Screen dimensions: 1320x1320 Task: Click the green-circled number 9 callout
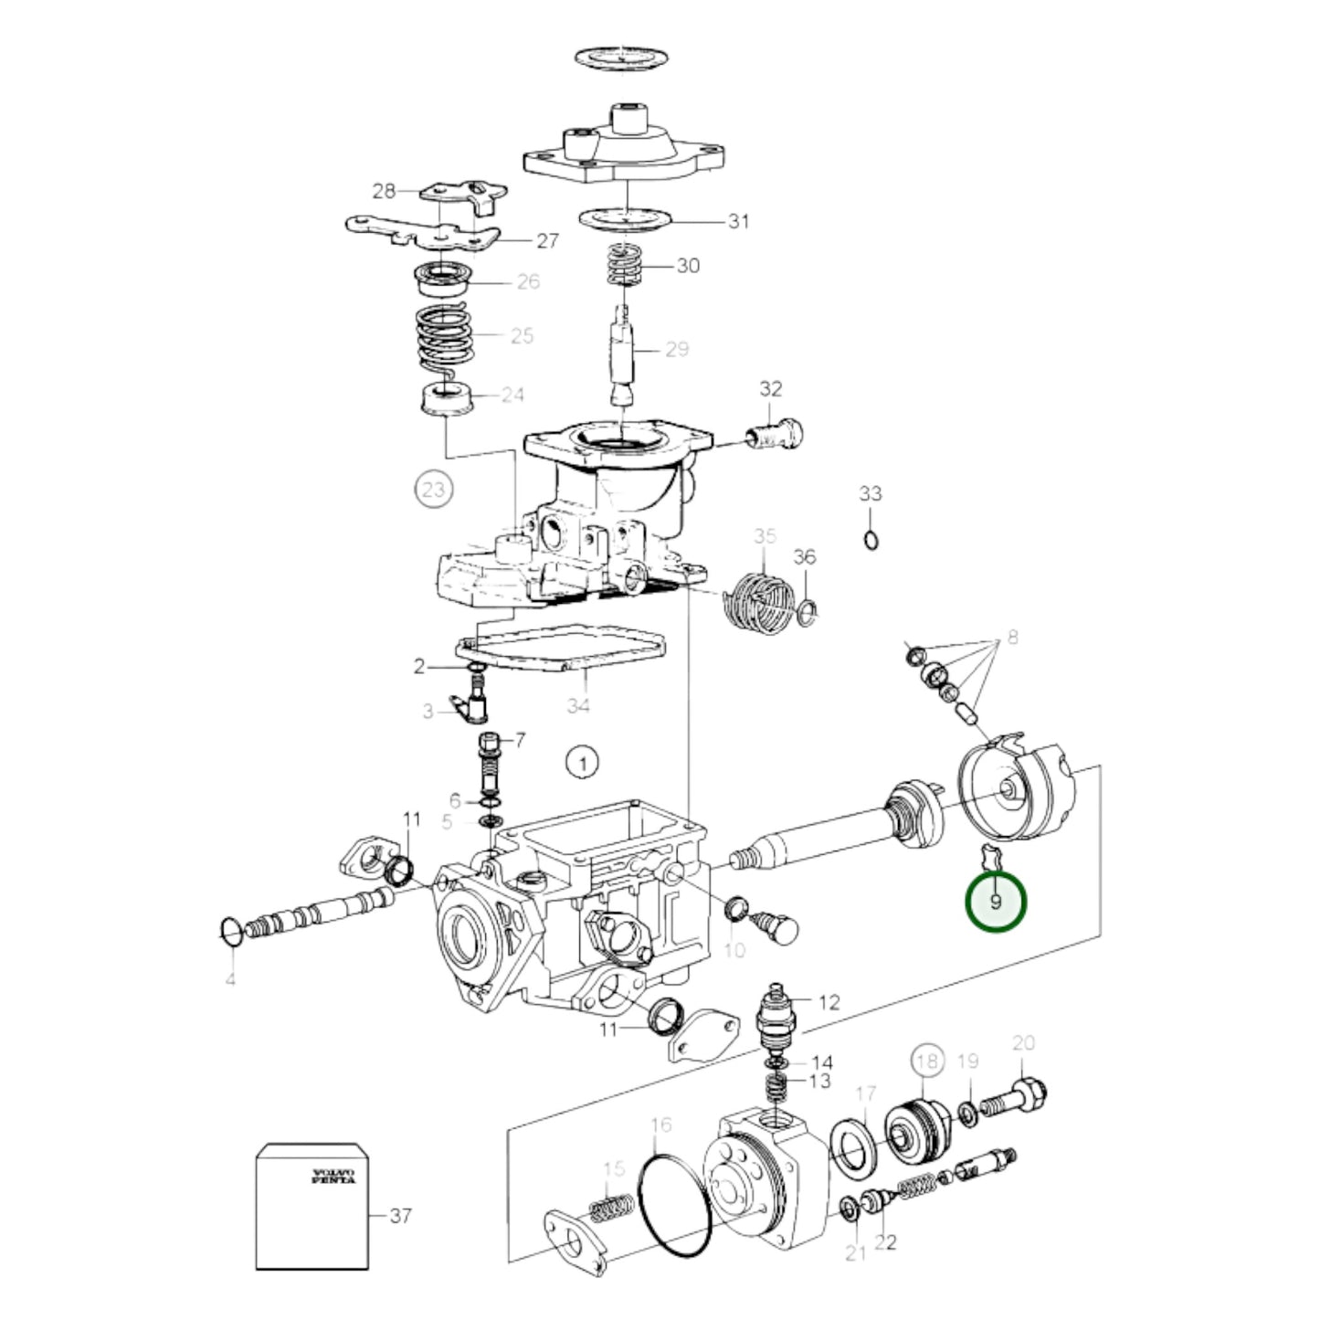point(996,902)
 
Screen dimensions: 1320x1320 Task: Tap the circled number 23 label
point(433,490)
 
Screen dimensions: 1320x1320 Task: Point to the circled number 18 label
point(926,1061)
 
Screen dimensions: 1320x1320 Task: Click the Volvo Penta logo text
point(333,1175)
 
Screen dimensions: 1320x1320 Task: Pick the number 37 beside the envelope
point(400,1216)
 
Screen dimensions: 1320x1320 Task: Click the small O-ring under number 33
point(871,541)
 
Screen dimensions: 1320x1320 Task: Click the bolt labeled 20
point(1015,1098)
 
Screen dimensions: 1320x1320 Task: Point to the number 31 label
point(738,221)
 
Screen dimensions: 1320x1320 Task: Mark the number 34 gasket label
point(578,704)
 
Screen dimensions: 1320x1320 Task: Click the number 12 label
point(829,1002)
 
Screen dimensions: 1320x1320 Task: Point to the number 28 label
point(384,191)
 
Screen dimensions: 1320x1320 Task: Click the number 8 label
point(1012,637)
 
